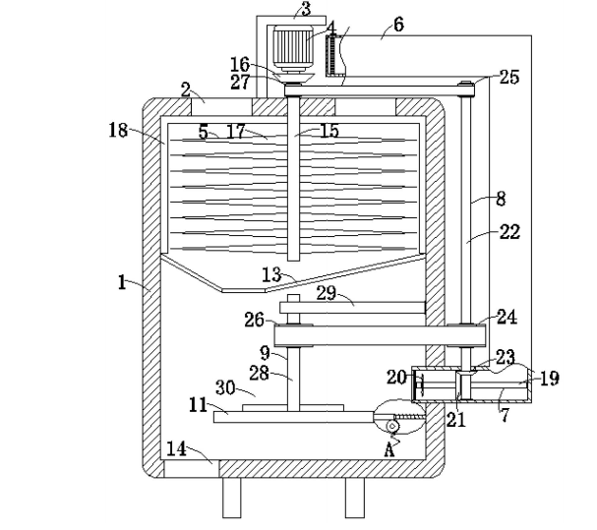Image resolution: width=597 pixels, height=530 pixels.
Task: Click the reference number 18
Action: tap(118, 130)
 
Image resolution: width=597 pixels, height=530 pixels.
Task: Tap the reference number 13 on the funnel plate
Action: tap(271, 274)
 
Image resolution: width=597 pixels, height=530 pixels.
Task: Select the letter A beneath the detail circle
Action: tap(389, 450)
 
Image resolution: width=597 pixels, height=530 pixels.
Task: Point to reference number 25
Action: tap(509, 77)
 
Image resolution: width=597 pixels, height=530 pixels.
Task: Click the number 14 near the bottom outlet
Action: tap(177, 448)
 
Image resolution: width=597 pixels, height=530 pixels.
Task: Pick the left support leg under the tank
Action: tap(232, 498)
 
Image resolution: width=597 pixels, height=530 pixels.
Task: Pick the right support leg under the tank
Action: tap(355, 498)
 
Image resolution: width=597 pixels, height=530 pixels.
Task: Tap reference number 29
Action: tap(327, 293)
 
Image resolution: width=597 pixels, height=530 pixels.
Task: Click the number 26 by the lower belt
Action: tap(255, 320)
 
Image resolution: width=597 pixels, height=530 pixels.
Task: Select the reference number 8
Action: tap(501, 199)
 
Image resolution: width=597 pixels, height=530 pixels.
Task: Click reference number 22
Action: tap(509, 231)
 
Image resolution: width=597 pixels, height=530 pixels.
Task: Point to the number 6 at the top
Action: tap(398, 25)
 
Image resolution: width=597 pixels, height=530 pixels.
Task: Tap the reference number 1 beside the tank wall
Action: tap(121, 282)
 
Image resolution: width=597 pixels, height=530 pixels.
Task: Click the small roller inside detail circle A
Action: tap(392, 426)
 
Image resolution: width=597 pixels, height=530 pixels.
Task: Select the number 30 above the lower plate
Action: tap(225, 387)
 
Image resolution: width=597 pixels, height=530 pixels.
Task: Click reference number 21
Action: tap(455, 420)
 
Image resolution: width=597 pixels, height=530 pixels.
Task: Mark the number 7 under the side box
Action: tap(505, 415)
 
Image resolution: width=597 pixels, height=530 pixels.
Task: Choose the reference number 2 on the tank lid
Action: tap(186, 89)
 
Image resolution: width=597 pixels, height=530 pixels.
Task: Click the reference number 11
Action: tap(198, 405)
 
